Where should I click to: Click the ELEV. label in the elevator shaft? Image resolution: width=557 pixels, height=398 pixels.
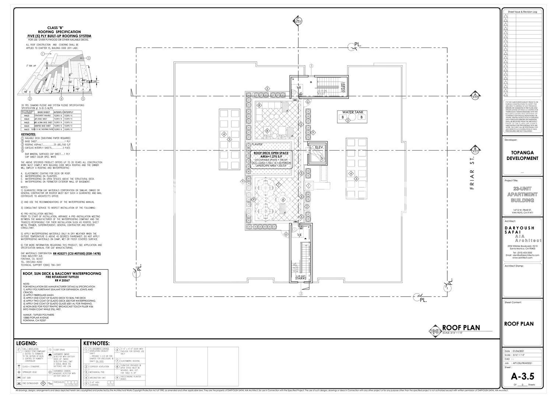(319, 147)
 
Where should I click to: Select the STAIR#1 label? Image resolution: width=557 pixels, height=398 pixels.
(343, 88)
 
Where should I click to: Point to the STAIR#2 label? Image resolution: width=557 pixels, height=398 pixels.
(301, 278)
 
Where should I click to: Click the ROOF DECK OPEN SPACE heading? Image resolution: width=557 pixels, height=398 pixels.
(271, 153)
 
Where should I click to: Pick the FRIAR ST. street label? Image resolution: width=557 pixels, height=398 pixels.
(473, 174)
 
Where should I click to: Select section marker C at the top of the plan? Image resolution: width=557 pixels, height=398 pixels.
(298, 21)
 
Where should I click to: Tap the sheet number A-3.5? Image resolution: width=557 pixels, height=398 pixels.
(522, 376)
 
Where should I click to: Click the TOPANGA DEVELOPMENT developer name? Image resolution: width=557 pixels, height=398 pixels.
(522, 155)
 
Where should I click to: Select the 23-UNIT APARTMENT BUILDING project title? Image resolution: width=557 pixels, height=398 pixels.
(522, 194)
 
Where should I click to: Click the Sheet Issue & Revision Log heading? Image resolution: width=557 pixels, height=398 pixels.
(522, 12)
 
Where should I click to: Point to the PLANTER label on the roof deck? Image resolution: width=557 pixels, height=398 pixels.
(256, 144)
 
